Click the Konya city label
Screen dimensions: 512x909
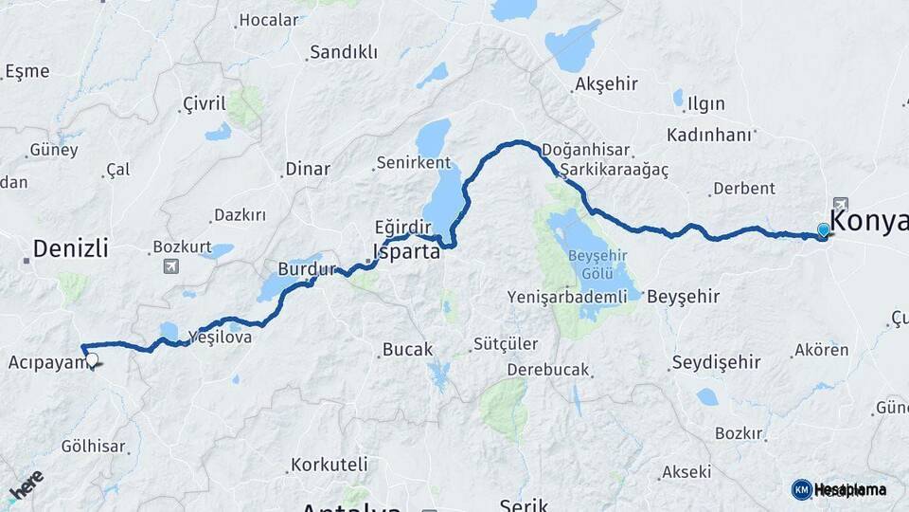[x=868, y=221]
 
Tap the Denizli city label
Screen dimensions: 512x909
[x=70, y=248]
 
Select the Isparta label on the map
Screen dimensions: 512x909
[x=407, y=252]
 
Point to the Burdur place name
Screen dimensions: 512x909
[x=306, y=269]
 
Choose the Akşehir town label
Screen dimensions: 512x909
[x=606, y=84]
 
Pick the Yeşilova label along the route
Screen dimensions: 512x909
[x=220, y=337]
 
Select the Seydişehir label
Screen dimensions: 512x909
[x=716, y=362]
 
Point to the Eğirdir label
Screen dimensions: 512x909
[x=402, y=228]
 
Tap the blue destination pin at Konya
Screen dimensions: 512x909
[x=824, y=229]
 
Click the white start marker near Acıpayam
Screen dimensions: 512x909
[x=92, y=359]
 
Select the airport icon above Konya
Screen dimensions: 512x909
[x=840, y=204]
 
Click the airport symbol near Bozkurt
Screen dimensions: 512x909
[x=170, y=266]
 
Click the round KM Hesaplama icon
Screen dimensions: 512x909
[x=802, y=489]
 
